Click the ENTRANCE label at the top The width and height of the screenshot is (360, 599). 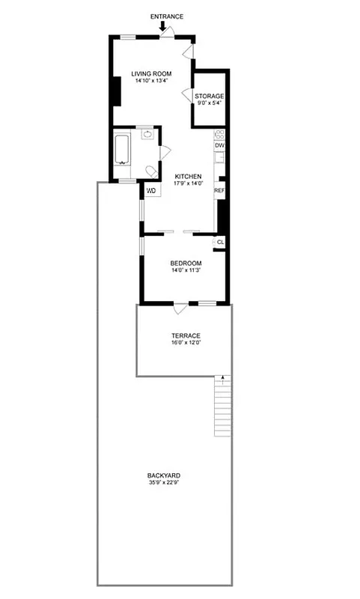coord(167,16)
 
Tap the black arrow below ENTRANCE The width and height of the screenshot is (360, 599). coord(163,27)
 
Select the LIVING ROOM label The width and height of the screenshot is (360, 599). coord(152,73)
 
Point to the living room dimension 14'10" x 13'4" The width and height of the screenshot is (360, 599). coord(152,81)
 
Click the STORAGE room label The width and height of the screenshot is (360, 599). coord(210,97)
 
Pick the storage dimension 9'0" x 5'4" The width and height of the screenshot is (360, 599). coord(210,104)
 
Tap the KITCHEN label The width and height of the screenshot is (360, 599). coord(188,176)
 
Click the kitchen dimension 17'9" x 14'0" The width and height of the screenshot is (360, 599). coord(188,183)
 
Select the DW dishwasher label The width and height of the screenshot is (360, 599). coord(219,145)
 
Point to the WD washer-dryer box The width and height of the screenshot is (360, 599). coord(151,190)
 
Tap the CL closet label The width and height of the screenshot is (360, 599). coord(220,243)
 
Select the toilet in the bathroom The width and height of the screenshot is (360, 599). coord(150,171)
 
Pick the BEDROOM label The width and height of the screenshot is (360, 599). coord(185,263)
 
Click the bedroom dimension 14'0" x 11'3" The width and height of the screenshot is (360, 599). coord(185,270)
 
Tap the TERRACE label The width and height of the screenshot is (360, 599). coord(186,335)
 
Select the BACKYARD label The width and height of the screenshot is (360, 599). coord(164,475)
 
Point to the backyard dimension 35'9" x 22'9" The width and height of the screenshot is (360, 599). coord(164,483)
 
